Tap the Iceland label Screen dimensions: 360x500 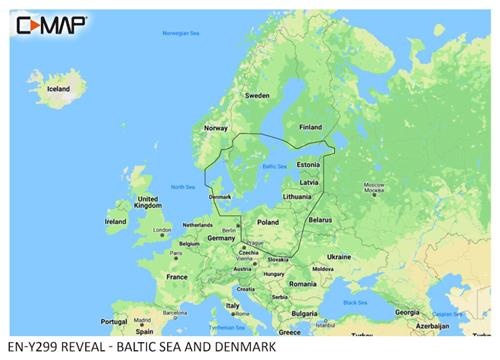tap(58, 89)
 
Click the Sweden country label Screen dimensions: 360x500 tap(258, 96)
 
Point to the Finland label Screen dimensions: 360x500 tap(311, 127)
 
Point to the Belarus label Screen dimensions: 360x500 tap(320, 219)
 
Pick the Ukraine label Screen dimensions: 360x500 tap(339, 256)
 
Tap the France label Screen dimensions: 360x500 tap(177, 276)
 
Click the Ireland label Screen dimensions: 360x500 tap(116, 221)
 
